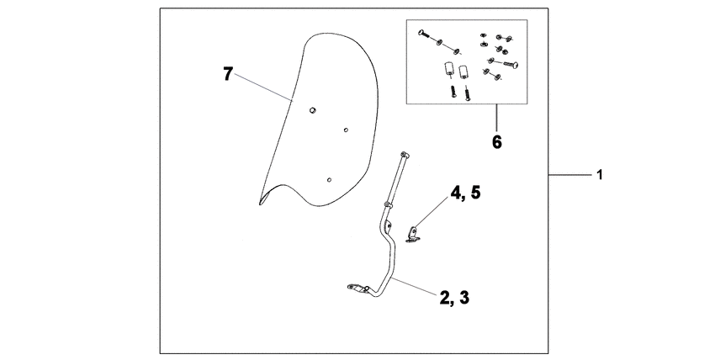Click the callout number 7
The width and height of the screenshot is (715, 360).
point(228,74)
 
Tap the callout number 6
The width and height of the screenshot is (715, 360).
point(497,142)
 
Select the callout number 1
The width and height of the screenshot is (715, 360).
point(600,174)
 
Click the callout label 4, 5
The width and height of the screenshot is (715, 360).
point(465,193)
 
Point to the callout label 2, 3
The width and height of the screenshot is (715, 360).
point(454,298)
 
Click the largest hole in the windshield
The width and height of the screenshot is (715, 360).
point(312,110)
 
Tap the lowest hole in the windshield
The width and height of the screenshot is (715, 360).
point(329,179)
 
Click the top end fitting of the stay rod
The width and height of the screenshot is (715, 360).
point(404,156)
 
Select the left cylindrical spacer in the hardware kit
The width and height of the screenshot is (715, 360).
point(447,70)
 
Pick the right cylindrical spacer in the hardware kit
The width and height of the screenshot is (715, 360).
point(464,72)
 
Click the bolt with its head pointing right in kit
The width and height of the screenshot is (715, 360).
point(511,65)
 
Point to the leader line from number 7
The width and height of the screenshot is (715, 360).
point(262,87)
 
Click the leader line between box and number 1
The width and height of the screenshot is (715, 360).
point(569,174)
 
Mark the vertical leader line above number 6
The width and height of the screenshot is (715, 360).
point(496,118)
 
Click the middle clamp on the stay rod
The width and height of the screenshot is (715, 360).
point(388,204)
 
